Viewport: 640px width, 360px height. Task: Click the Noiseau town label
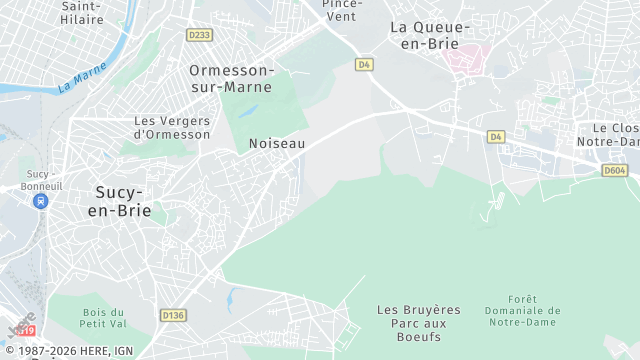276,144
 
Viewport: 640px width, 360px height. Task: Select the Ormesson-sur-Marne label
231,78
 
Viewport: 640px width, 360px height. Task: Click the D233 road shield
200,35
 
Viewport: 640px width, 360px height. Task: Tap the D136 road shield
173,315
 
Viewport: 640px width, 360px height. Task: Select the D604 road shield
614,171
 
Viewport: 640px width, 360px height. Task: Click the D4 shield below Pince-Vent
364,64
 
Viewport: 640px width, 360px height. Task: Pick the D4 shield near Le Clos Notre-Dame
497,136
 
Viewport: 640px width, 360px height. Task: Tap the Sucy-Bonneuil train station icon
41,201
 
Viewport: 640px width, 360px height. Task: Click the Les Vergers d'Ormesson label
171,127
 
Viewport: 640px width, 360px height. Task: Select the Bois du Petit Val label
103,318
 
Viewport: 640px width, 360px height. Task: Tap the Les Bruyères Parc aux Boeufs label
419,323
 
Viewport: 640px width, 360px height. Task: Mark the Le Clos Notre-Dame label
615,135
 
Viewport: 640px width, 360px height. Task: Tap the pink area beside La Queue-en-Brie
463,58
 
